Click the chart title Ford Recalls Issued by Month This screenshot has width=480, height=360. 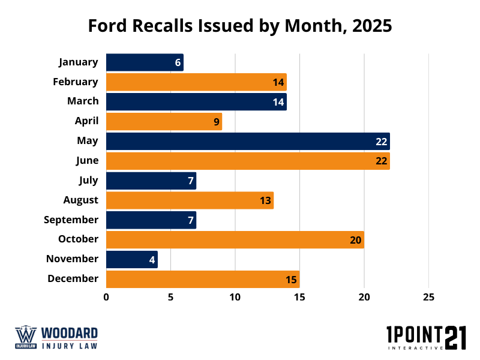coord(240,26)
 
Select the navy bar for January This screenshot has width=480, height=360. coord(145,62)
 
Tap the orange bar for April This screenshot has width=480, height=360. coord(164,122)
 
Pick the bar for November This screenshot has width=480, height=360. coord(132,259)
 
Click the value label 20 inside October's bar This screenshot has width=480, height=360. coord(355,240)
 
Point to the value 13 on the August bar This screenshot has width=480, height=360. coord(265,200)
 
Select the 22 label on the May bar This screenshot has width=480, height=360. coord(382,142)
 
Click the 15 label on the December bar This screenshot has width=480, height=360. coord(291,280)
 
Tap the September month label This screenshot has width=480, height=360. coord(71,220)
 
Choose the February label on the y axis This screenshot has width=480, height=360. coord(75,82)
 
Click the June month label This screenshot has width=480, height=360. coord(86,160)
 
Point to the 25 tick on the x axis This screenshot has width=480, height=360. coord(428,297)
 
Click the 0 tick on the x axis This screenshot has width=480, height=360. coord(106,297)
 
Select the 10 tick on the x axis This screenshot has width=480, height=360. coord(235,297)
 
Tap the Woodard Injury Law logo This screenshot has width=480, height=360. coord(56,337)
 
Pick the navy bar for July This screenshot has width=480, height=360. coord(151,181)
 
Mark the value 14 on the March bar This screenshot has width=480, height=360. coord(278,102)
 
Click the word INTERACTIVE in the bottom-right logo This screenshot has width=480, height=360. coord(415,347)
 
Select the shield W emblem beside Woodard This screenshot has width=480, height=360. coord(26,337)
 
